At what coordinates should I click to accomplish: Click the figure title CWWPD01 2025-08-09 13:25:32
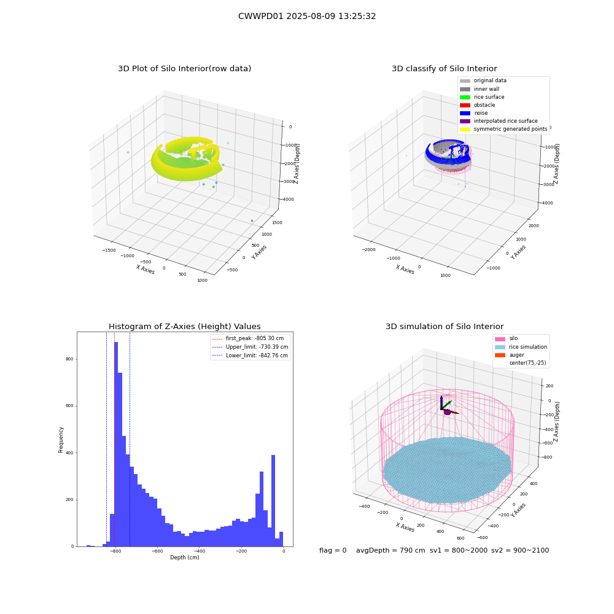click(307, 16)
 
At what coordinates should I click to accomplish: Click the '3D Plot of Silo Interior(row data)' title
click(184, 69)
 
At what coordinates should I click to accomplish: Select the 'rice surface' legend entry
click(482, 97)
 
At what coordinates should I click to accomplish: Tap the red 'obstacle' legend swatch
click(465, 105)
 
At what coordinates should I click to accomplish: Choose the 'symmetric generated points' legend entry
click(503, 129)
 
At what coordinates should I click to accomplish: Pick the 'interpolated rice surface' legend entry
click(499, 121)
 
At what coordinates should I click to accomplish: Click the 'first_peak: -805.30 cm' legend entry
click(248, 338)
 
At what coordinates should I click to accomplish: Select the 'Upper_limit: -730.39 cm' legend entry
click(250, 347)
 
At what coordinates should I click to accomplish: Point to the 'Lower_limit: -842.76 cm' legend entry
click(250, 356)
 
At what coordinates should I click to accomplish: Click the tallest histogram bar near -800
click(116, 444)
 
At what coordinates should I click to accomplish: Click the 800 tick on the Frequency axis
click(69, 359)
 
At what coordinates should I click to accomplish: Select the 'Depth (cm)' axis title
click(185, 558)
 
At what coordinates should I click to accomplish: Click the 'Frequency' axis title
click(61, 440)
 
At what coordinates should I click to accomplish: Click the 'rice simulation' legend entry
click(521, 347)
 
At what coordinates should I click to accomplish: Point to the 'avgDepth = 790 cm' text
click(391, 550)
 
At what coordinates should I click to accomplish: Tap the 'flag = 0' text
click(333, 550)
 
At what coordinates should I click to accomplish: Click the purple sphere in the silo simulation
click(447, 412)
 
